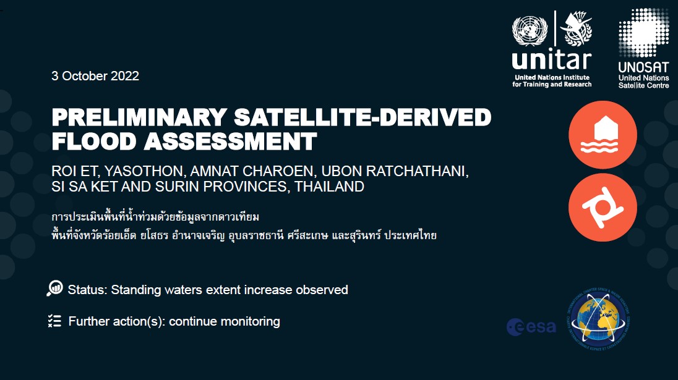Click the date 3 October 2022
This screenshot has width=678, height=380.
click(x=95, y=76)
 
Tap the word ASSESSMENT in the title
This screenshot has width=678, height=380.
click(x=230, y=141)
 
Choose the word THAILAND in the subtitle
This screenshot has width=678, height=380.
click(x=330, y=186)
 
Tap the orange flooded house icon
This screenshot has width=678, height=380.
click(x=603, y=135)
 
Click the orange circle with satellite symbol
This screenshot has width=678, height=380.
click(x=603, y=208)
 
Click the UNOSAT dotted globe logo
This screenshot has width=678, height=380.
click(x=643, y=31)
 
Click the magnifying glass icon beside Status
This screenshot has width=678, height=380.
click(x=54, y=289)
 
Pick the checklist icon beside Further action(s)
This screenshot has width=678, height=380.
click(x=54, y=321)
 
